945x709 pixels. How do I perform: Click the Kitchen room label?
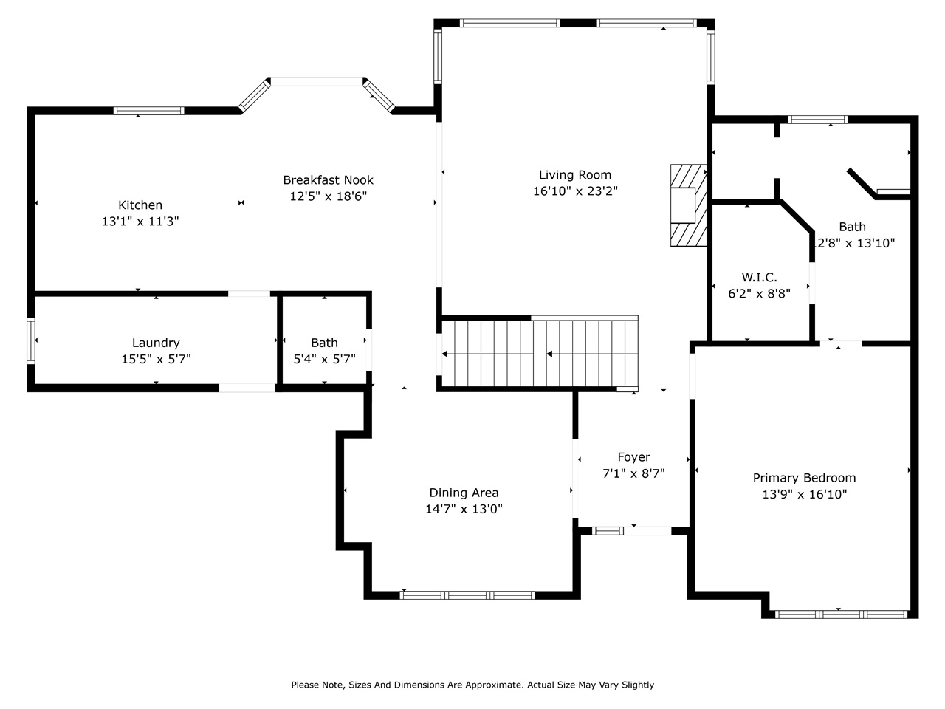pyautogui.click(x=140, y=205)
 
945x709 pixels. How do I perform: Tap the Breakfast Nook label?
pyautogui.click(x=329, y=179)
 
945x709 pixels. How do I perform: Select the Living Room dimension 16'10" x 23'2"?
pyautogui.click(x=575, y=191)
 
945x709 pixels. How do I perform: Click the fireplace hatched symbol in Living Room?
pyautogui.click(x=687, y=205)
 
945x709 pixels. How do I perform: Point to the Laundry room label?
pyautogui.click(x=156, y=343)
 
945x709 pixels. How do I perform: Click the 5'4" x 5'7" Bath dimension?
pyautogui.click(x=324, y=360)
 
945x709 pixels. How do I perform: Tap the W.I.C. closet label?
pyautogui.click(x=759, y=277)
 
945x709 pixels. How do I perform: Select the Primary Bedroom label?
pyautogui.click(x=804, y=478)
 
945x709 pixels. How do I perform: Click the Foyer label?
pyautogui.click(x=633, y=457)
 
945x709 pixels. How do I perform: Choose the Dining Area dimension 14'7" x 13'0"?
pyautogui.click(x=464, y=509)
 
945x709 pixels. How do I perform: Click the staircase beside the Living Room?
pyautogui.click(x=539, y=353)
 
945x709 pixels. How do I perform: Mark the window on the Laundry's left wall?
pyautogui.click(x=31, y=340)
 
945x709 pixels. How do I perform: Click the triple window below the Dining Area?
pyautogui.click(x=467, y=595)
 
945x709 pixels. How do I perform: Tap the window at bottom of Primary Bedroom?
pyautogui.click(x=841, y=614)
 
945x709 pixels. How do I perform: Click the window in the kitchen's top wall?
pyautogui.click(x=149, y=111)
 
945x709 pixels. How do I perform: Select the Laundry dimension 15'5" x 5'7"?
pyautogui.click(x=156, y=360)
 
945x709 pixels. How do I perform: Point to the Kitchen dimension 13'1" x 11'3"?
pyautogui.click(x=140, y=222)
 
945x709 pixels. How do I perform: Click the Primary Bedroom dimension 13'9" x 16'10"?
pyautogui.click(x=804, y=495)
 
